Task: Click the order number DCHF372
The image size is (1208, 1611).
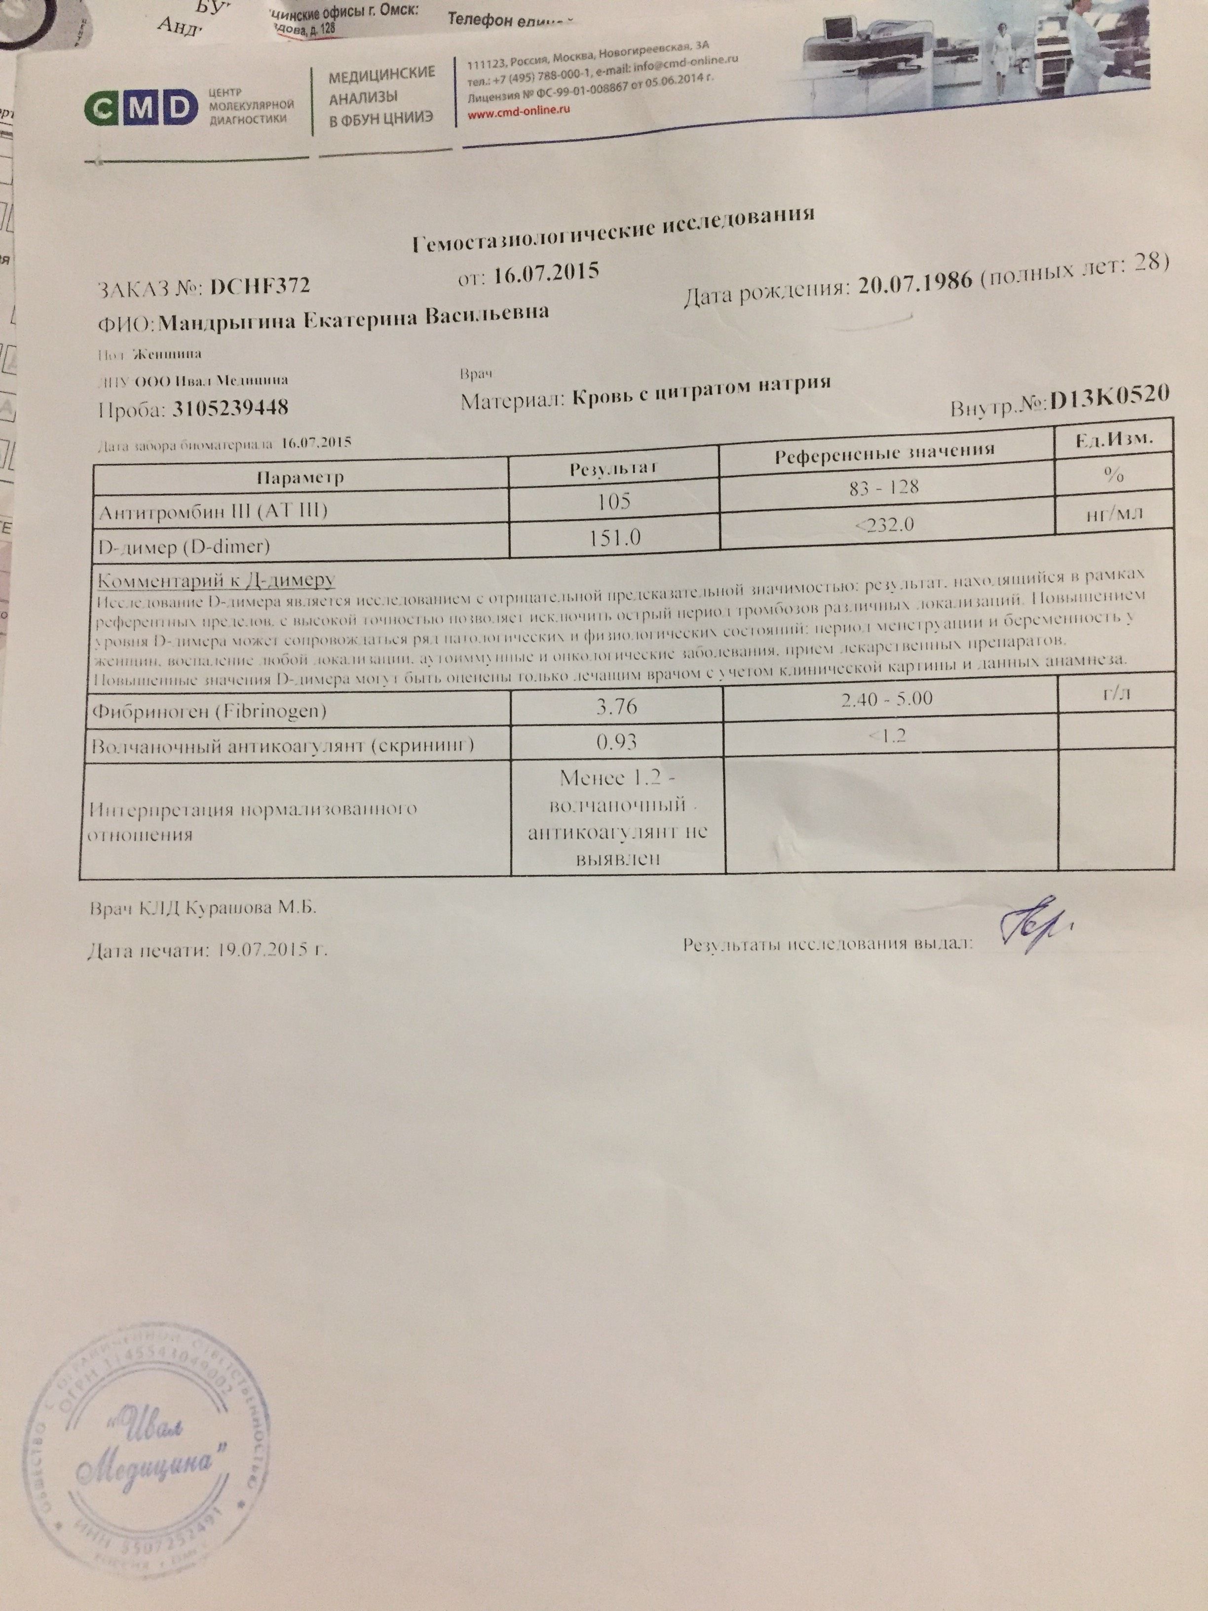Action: [x=259, y=286]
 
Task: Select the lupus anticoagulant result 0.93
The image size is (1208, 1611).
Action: [x=617, y=741]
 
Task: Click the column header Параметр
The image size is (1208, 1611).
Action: [x=300, y=478]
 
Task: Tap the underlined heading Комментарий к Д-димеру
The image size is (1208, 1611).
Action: [x=216, y=580]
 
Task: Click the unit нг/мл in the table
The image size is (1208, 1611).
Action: [x=1113, y=514]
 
